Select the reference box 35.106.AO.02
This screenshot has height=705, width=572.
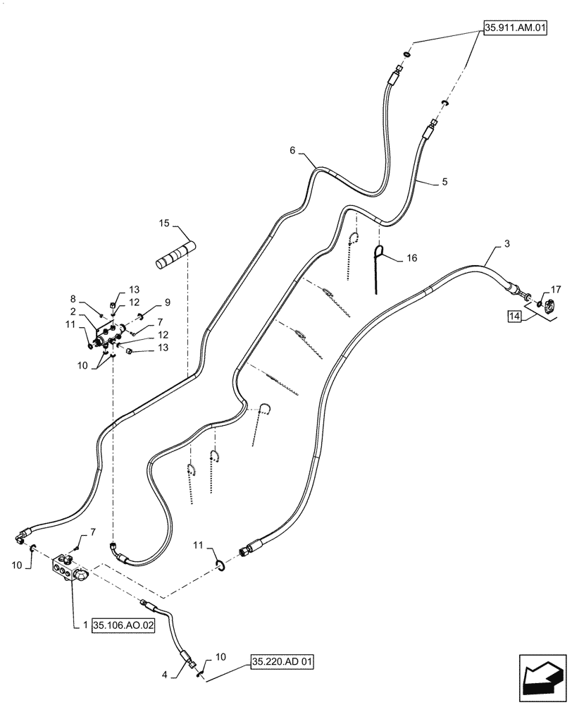pos(123,624)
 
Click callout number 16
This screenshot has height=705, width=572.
pos(411,259)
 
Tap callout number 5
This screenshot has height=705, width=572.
pos(444,181)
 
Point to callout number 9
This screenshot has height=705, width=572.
pos(147,302)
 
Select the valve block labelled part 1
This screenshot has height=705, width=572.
pos(69,570)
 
